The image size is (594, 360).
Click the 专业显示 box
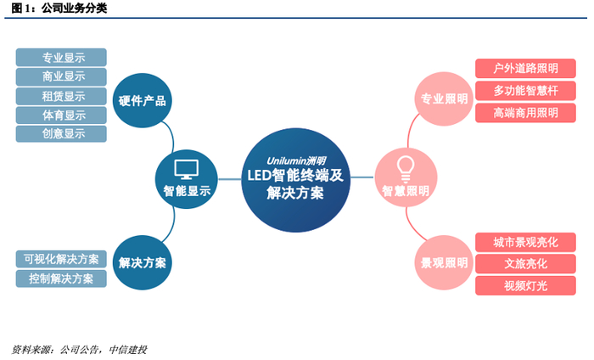tap(62, 58)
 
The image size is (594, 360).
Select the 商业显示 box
tap(62, 76)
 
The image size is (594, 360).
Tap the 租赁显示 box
tap(62, 96)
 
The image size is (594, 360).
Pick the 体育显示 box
tap(62, 115)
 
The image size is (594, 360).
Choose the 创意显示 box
tap(62, 133)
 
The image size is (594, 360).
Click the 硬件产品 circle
tap(142, 100)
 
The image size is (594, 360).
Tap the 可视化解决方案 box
tap(62, 259)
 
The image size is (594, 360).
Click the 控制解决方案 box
tap(62, 278)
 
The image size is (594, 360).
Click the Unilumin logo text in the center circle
tap(296, 159)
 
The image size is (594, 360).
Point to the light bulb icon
tap(405, 164)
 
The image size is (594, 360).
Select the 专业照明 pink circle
tap(443, 99)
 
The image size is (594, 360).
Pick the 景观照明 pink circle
tap(443, 262)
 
